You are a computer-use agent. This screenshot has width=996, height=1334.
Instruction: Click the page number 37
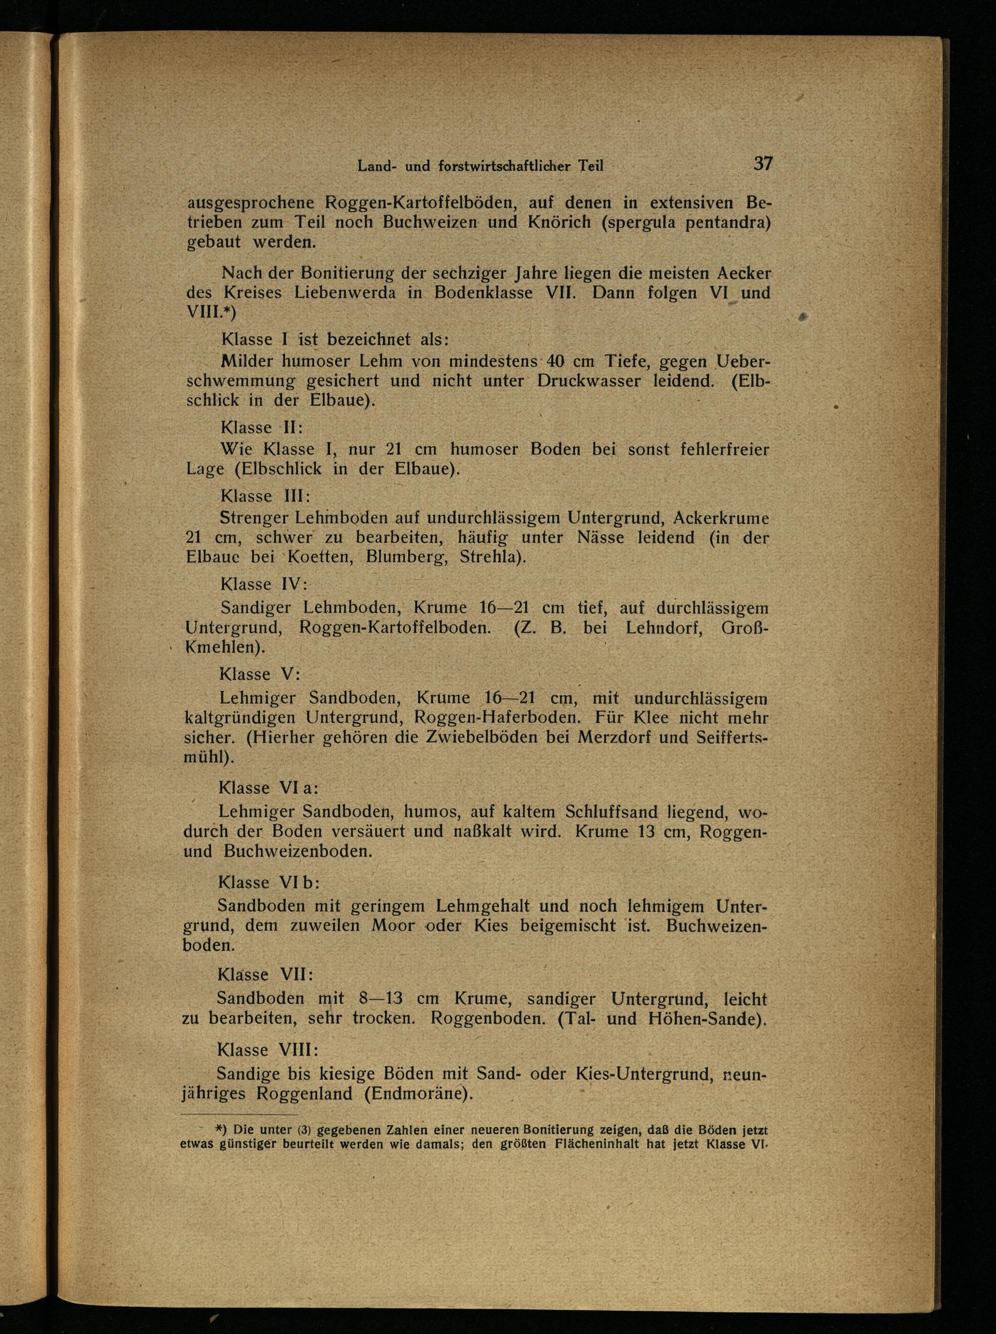point(762,163)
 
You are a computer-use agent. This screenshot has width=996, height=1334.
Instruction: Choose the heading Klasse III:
point(265,496)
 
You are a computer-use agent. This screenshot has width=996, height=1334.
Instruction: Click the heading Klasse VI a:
point(269,788)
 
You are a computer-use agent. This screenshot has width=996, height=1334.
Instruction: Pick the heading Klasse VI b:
point(269,882)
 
